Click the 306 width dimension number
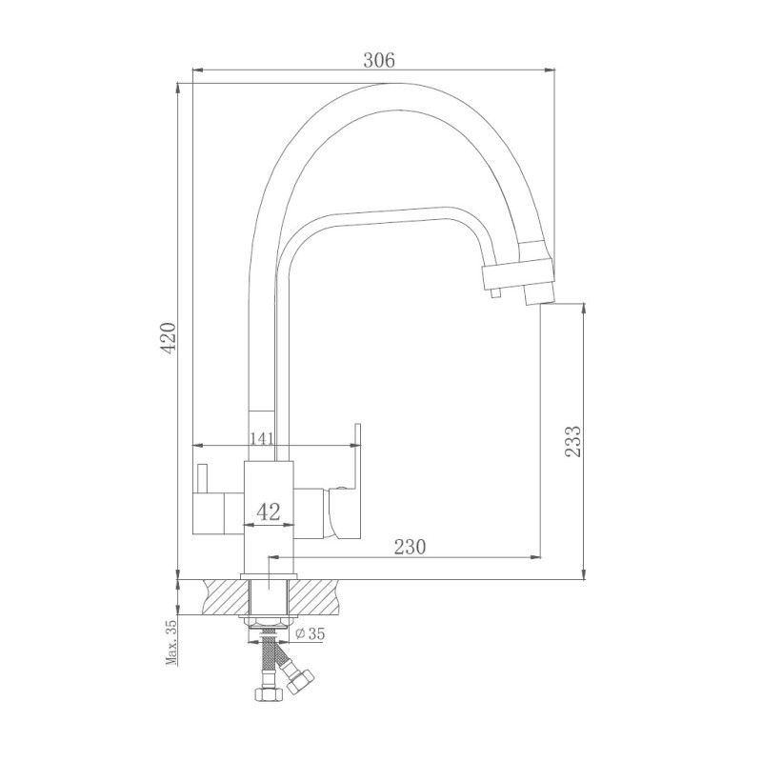click(379, 58)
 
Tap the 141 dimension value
click(262, 438)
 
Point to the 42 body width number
click(269, 511)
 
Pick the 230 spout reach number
click(408, 546)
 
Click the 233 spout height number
click(572, 441)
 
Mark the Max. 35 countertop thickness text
click(170, 643)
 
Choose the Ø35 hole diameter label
click(311, 633)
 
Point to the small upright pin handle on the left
click(202, 475)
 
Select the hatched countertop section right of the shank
click(318, 598)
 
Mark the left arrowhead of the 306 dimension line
click(197, 70)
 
